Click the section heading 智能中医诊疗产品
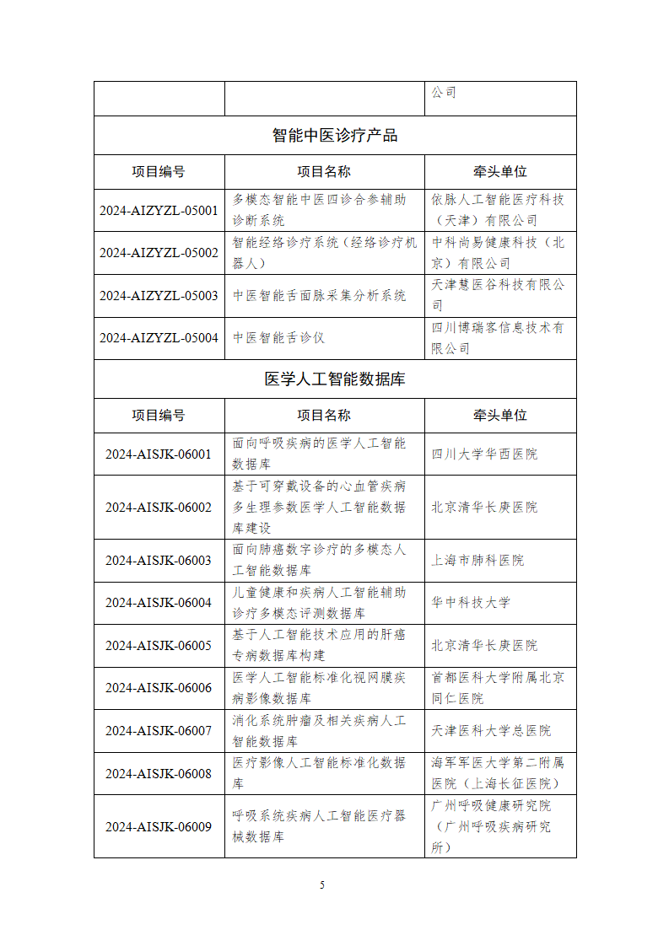coord(335,135)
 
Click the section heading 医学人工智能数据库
coord(335,379)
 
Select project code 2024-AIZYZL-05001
coord(159,210)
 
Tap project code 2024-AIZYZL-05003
coord(159,295)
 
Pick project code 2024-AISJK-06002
coord(159,507)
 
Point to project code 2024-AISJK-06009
coord(159,826)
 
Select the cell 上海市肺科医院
coord(477,560)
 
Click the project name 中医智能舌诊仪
coord(278,338)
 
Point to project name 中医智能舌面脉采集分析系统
coord(319,295)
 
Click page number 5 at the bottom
coord(322,884)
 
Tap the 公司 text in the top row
coord(444,92)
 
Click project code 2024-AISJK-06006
coord(159,687)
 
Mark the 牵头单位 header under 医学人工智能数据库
coord(500,415)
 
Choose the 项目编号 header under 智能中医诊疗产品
coord(159,171)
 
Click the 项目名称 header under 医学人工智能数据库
coord(324,415)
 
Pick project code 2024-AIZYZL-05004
coord(159,338)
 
